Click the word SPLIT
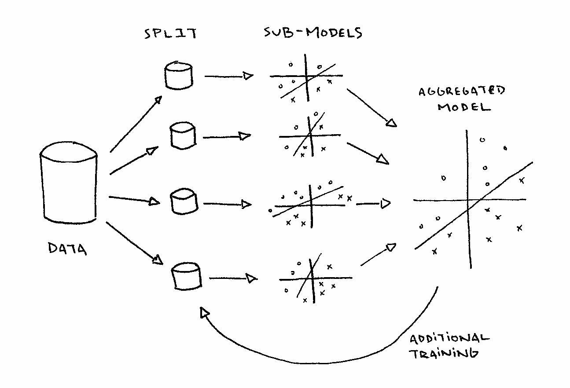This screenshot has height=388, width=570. (170, 33)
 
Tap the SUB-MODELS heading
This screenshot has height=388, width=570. (313, 33)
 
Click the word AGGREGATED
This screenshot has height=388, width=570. (462, 91)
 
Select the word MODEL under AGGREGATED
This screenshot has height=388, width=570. (464, 107)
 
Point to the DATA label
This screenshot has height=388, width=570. (67, 249)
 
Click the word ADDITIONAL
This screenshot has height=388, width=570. (449, 338)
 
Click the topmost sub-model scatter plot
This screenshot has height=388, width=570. (307, 78)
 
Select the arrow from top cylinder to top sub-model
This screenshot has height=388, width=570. (229, 76)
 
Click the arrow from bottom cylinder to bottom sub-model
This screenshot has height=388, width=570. (233, 278)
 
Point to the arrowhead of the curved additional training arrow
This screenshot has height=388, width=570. (204, 312)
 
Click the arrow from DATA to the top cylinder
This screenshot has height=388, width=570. (136, 124)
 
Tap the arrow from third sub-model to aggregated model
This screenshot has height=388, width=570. (373, 204)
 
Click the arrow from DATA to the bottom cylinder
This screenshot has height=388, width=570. (134, 243)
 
